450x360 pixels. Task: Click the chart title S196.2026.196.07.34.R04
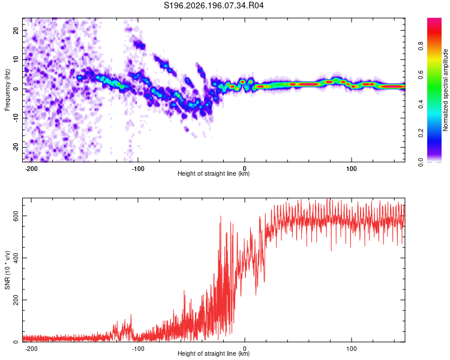214,5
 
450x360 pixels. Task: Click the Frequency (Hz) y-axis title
7,90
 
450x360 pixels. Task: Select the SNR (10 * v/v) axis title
7,270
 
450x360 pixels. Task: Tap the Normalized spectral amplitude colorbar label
445,90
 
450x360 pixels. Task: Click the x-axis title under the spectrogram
214,173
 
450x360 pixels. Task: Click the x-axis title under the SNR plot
214,353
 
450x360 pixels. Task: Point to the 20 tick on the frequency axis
16,30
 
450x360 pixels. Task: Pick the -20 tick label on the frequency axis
16,147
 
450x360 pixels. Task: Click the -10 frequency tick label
16,118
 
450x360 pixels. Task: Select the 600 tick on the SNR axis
16,216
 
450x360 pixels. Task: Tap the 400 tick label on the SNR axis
16,258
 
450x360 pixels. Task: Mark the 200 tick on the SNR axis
16,300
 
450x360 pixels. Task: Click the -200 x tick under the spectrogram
31,169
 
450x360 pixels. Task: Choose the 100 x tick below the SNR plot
351,349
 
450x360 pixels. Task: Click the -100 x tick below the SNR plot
138,349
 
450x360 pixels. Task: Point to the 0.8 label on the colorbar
421,46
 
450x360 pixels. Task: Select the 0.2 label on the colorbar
421,133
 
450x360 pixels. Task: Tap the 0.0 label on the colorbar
421,163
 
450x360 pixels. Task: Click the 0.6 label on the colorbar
421,75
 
